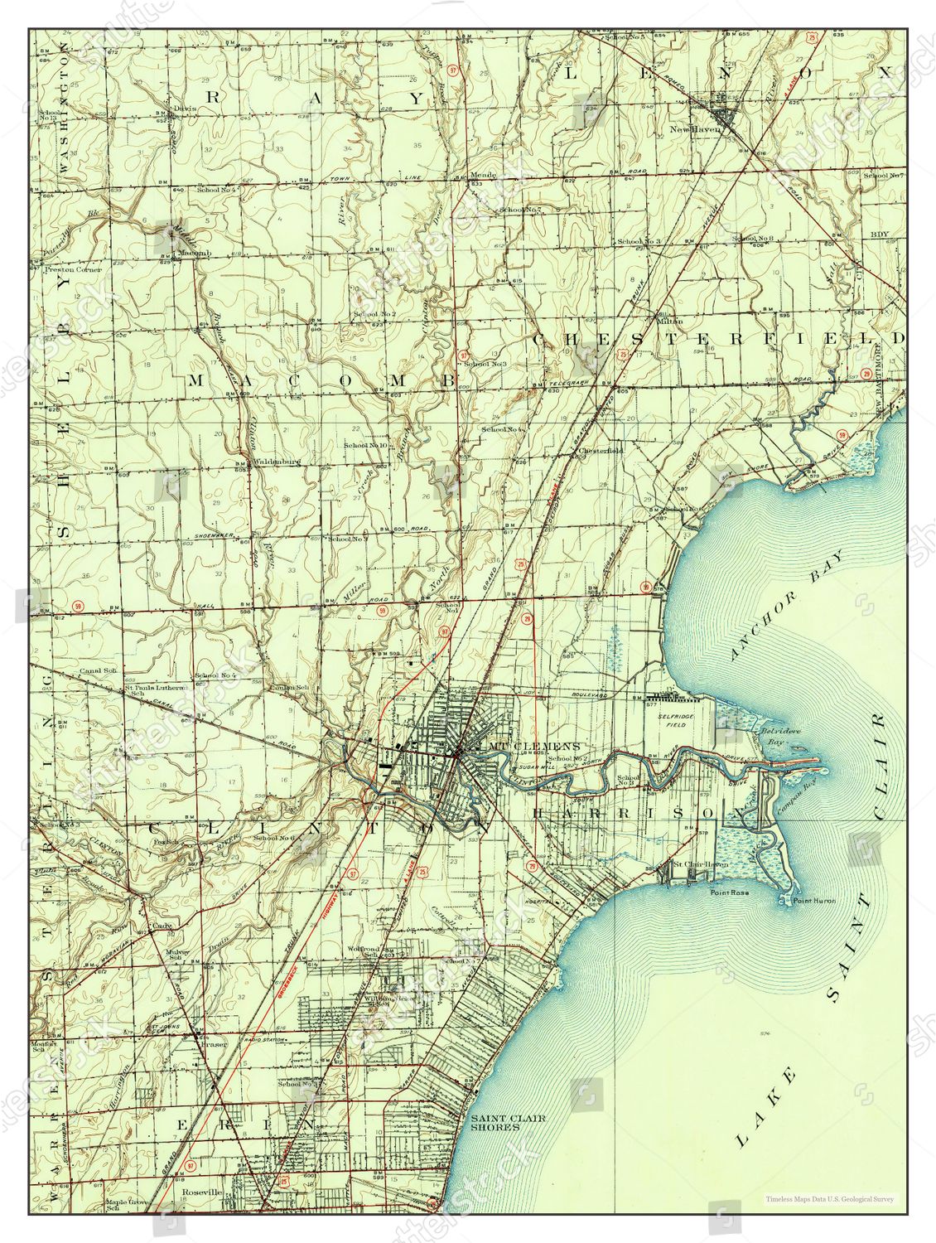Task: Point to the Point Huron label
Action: [x=814, y=901]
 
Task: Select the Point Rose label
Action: [x=729, y=893]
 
